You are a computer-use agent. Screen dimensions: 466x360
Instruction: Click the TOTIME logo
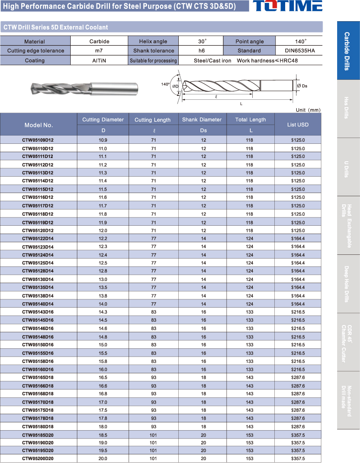[287, 6]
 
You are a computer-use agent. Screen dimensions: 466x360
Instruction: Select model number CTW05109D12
[38, 140]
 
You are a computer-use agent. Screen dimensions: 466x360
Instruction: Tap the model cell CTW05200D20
[38, 459]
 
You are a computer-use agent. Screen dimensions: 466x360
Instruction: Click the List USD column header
[298, 124]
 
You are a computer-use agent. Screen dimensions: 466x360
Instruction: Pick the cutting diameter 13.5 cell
[103, 287]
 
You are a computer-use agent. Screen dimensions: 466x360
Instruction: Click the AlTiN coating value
[99, 60]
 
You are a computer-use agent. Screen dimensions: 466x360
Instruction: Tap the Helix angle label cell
[153, 41]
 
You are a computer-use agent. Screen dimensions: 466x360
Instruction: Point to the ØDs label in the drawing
[302, 86]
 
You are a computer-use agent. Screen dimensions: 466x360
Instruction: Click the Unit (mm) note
[308, 110]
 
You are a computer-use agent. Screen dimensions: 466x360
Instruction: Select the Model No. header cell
[39, 125]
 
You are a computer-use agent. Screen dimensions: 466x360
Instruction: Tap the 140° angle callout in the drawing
[165, 84]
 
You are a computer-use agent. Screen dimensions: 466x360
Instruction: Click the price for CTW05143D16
[298, 312]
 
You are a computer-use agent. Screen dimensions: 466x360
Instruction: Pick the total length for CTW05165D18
[249, 377]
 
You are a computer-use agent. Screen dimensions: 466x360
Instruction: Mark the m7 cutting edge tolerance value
[99, 51]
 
